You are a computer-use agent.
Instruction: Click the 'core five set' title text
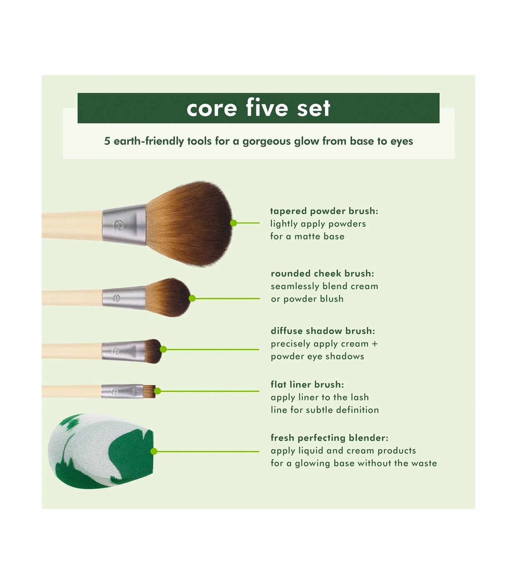pyautogui.click(x=258, y=108)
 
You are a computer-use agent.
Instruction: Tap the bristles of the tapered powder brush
pyautogui.click(x=189, y=224)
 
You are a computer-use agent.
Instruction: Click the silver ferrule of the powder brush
pyautogui.click(x=124, y=224)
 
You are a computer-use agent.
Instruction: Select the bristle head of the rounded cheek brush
pyautogui.click(x=168, y=297)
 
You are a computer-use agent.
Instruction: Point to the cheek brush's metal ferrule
pyautogui.click(x=124, y=298)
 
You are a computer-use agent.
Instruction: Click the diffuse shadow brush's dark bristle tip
pyautogui.click(x=153, y=351)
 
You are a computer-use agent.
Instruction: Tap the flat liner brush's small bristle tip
pyautogui.click(x=149, y=391)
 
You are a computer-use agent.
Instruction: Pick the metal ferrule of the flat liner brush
pyautogui.click(x=122, y=391)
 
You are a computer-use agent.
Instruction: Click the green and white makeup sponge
pyautogui.click(x=100, y=451)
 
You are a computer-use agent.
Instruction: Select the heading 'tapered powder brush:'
pyautogui.click(x=324, y=211)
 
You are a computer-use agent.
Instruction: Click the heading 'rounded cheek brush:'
pyautogui.click(x=322, y=273)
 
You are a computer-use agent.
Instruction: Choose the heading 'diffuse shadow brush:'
pyautogui.click(x=323, y=331)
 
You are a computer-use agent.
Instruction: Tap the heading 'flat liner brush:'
pyautogui.click(x=307, y=384)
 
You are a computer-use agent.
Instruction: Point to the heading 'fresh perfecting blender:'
pyautogui.click(x=329, y=438)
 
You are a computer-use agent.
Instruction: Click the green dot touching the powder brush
pyautogui.click(x=233, y=223)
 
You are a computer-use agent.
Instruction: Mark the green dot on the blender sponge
pyautogui.click(x=154, y=451)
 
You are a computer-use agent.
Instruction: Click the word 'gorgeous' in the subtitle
pyautogui.click(x=266, y=141)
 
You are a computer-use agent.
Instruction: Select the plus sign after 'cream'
pyautogui.click(x=374, y=344)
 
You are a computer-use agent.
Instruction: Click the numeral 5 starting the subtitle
pyautogui.click(x=107, y=141)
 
